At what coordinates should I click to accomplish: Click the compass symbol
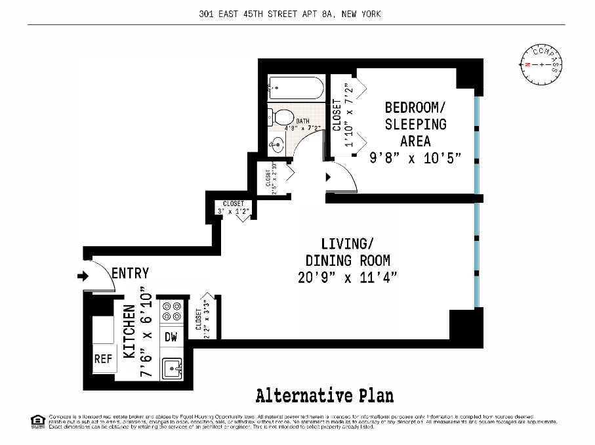tap(542, 64)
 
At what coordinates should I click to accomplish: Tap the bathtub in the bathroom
tap(297, 89)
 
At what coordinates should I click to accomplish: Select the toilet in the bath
tap(280, 117)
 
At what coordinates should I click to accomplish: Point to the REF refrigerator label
tap(103, 359)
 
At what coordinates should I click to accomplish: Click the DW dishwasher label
tap(171, 337)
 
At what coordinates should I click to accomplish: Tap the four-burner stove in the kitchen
tap(172, 312)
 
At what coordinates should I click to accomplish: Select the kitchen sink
tap(173, 368)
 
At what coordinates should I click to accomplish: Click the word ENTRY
tap(130, 273)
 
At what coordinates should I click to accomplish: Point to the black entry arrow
tap(83, 276)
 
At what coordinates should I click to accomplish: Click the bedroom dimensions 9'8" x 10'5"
tap(415, 158)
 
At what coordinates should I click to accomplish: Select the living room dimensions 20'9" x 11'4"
tap(347, 276)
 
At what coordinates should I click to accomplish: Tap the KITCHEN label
tap(130, 331)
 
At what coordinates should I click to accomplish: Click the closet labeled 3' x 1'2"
tap(234, 207)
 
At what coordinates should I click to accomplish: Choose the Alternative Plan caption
tap(325, 396)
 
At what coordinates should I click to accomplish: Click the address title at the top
tap(290, 14)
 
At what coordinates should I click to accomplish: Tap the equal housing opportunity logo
tap(37, 420)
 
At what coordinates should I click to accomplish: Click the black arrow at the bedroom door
tap(329, 176)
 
